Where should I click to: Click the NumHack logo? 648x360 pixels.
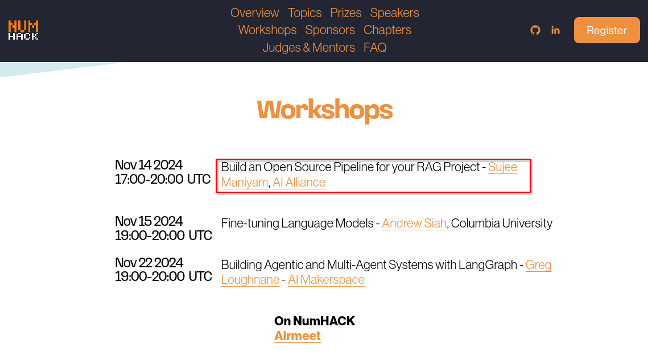(23, 30)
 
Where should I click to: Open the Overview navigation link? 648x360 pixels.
(254, 13)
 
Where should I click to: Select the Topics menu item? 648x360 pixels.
(304, 13)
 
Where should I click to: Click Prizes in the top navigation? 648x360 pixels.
(345, 13)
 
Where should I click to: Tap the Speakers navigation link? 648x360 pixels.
(394, 13)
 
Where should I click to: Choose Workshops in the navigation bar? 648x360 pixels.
(267, 30)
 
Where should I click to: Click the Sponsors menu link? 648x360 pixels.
(330, 30)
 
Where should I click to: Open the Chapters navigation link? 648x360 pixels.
(387, 30)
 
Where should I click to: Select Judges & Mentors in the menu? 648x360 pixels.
(309, 48)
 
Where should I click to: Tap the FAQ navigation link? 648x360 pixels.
(375, 48)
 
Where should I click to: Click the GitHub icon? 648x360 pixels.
(535, 30)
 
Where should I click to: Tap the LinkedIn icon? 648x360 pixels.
(555, 30)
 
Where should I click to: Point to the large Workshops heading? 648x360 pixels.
(325, 110)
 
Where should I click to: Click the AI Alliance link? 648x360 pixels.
(299, 182)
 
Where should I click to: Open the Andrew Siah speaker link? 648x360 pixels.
(414, 223)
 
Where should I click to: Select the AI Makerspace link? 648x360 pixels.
(326, 280)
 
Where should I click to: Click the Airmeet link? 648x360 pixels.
(298, 336)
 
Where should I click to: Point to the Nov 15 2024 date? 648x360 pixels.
(149, 221)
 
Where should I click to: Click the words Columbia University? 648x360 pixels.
(502, 223)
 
